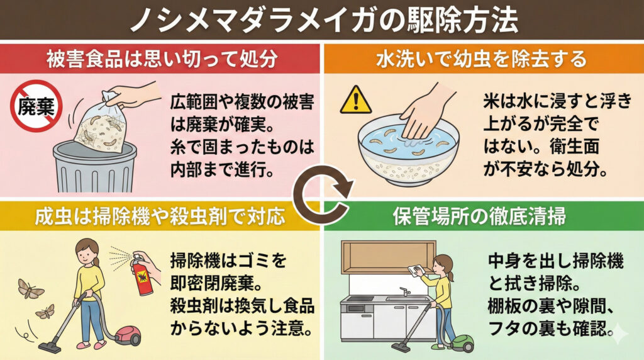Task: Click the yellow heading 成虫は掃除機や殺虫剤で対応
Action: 160,215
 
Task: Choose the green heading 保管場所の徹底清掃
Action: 480,215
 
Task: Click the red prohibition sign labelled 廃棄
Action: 36,106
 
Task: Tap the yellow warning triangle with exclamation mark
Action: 356,100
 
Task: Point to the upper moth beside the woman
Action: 30,288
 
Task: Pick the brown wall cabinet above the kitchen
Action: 389,257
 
